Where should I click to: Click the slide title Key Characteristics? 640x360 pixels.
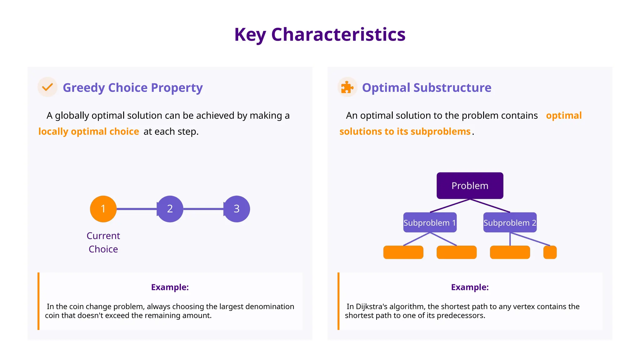coord(320,34)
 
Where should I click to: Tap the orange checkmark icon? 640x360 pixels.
coord(47,87)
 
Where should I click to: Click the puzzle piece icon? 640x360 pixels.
coord(347,87)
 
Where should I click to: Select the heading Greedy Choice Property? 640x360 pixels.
coord(133,88)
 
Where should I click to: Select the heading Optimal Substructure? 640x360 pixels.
coord(427,88)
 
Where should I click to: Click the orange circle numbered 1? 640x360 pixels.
coord(103,209)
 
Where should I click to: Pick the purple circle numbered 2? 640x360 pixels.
coord(170,209)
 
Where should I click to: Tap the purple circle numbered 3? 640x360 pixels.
coord(237,209)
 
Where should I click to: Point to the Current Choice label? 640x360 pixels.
coord(103,242)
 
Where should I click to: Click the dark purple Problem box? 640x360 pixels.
coord(470,186)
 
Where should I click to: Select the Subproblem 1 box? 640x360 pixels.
coord(430,222)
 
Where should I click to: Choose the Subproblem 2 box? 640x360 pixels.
coord(510,222)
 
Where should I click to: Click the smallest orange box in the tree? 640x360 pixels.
coord(550,252)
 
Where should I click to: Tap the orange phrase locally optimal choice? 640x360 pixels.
coord(88,132)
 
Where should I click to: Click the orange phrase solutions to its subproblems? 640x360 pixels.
coord(405,132)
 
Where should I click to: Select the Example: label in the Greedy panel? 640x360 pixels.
coord(170,287)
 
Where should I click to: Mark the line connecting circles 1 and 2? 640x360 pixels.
coord(137,209)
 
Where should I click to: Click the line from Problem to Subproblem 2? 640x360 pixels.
coord(490,206)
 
